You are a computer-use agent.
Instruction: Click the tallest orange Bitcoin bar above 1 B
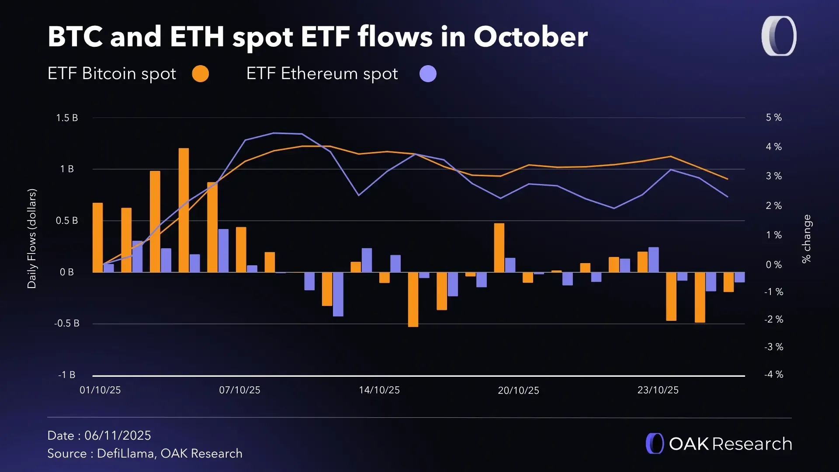click(184, 210)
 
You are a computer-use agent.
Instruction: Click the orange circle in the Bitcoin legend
click(201, 74)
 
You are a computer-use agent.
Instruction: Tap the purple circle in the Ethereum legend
click(428, 74)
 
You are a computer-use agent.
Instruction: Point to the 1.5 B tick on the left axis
click(67, 118)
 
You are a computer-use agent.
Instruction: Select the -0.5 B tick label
click(67, 323)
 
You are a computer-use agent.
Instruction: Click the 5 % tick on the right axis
click(773, 118)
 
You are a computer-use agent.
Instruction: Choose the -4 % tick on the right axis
click(773, 375)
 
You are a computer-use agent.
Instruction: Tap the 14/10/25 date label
click(379, 390)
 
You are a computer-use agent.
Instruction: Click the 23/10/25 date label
click(658, 390)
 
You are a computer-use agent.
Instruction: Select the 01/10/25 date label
click(100, 390)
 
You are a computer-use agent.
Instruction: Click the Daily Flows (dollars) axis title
click(32, 239)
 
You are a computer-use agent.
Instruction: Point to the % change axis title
click(806, 239)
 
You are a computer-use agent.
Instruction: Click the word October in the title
click(530, 37)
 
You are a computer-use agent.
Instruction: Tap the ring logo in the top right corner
click(779, 36)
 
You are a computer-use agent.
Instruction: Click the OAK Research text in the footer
click(730, 444)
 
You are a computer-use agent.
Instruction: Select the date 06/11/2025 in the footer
click(118, 436)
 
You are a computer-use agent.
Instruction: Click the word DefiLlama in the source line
click(126, 454)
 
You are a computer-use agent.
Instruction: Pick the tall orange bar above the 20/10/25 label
click(499, 248)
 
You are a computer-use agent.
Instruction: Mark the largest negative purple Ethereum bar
click(338, 294)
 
